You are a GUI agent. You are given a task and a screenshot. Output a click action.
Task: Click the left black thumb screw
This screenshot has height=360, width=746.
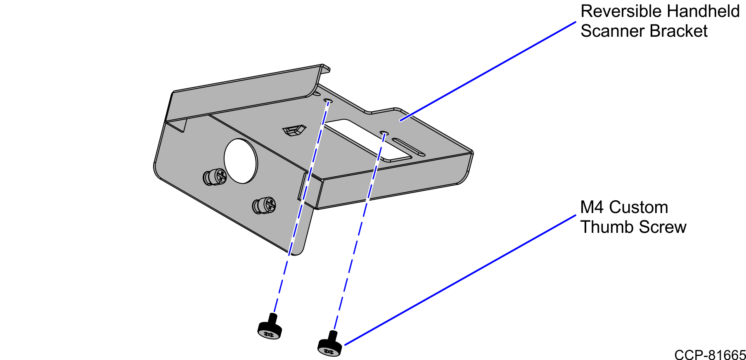[270, 329]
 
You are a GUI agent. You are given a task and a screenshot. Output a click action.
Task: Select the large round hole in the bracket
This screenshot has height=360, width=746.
[241, 161]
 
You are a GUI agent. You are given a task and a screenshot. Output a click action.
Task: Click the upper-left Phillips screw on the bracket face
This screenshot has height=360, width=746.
[216, 177]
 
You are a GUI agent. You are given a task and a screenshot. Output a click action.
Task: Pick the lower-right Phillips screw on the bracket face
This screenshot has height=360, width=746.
[264, 205]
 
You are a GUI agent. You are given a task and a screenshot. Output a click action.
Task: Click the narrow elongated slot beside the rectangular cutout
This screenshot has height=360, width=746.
[408, 147]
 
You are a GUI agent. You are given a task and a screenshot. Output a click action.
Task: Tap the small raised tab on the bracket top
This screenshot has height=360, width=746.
[294, 131]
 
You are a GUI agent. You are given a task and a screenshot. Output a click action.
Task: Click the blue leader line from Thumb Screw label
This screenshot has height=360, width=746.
[458, 281]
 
